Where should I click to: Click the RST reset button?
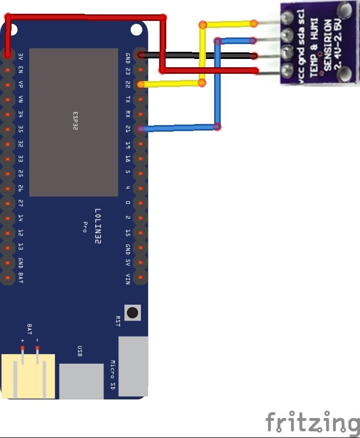(x=133, y=312)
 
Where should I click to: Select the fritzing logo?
(x=312, y=423)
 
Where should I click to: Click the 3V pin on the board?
(x=8, y=55)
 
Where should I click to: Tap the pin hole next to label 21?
(x=141, y=129)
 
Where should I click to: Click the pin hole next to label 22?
(x=141, y=84)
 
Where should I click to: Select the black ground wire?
(x=198, y=56)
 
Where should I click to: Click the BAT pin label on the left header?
(x=20, y=277)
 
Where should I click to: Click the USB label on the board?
(x=80, y=351)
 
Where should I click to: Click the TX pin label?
(x=128, y=99)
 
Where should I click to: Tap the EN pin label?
(x=20, y=70)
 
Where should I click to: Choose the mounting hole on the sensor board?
(x=345, y=9)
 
